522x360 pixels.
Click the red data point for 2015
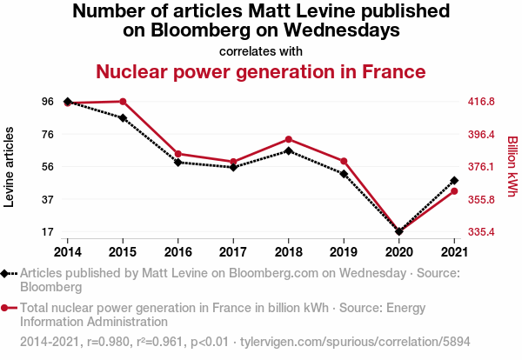click(123, 102)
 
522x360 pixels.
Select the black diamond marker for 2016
click(177, 163)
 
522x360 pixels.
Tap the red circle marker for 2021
click(454, 191)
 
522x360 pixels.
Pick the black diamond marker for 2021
click(454, 181)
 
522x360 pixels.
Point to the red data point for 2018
click(288, 139)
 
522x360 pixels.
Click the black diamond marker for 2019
click(344, 174)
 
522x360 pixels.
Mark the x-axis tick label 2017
click(233, 251)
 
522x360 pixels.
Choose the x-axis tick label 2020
click(398, 251)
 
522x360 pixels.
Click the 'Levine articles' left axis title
click(10, 167)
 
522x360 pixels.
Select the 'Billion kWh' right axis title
click(512, 167)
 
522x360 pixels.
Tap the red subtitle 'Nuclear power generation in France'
click(261, 71)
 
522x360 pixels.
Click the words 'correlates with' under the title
click(261, 51)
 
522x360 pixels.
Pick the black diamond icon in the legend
click(6, 273)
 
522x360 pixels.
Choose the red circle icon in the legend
click(6, 308)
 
